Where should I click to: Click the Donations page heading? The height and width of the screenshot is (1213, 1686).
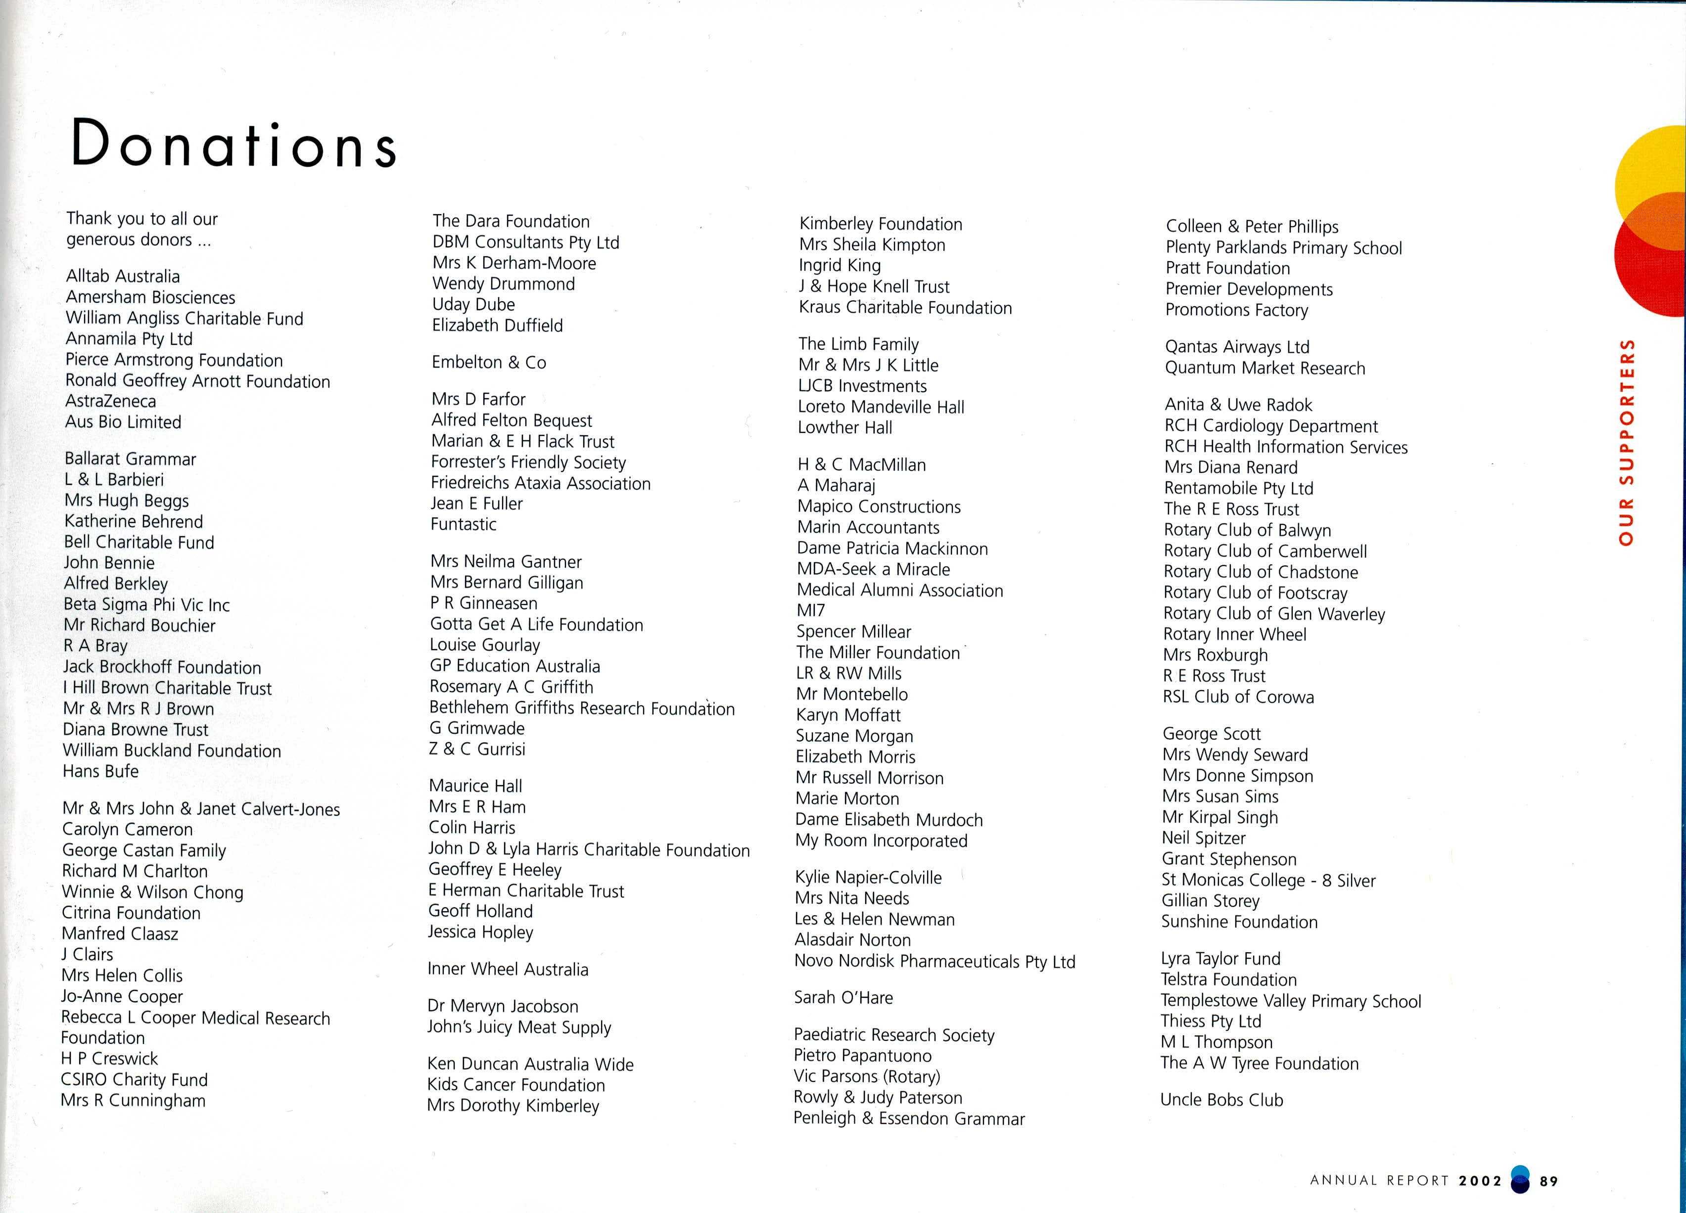(234, 143)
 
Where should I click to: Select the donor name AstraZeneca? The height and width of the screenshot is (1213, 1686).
(111, 401)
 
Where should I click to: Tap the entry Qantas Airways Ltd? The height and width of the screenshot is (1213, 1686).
(1237, 347)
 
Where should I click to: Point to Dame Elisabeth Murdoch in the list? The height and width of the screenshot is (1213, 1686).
(889, 820)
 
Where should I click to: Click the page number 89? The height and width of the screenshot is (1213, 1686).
(1548, 1181)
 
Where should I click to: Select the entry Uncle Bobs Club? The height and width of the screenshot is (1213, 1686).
(1221, 1100)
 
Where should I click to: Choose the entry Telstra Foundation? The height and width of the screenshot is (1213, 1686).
(1228, 980)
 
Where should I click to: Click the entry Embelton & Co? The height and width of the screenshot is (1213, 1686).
(488, 363)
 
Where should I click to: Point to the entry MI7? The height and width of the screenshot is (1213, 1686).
(810, 611)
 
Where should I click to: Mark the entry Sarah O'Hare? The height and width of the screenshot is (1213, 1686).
(843, 997)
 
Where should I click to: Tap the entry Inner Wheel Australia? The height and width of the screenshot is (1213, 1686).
(508, 969)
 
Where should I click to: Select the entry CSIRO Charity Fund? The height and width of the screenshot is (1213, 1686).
(134, 1080)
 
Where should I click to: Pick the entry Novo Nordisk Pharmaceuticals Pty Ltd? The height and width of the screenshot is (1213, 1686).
(935, 962)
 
